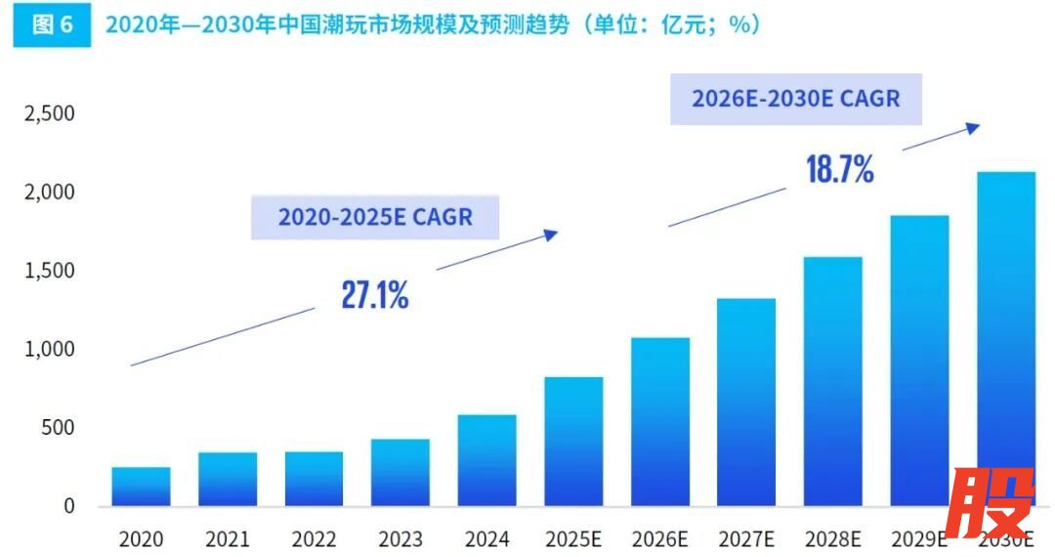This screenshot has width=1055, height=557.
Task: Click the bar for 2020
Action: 141,487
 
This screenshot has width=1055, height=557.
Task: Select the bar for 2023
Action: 401,473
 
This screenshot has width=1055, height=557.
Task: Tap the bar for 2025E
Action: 573,442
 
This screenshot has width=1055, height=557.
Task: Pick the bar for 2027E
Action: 746,403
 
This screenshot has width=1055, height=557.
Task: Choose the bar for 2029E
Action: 919,361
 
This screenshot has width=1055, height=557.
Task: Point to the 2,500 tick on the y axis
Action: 50,114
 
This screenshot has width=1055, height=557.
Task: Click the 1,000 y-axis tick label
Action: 50,350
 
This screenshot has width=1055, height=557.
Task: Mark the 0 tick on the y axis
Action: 68,506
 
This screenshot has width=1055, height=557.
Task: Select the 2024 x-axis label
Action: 486,539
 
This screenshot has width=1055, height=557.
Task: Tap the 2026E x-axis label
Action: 660,539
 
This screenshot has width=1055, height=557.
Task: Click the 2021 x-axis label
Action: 228,539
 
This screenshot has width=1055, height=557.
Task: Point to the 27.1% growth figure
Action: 375,295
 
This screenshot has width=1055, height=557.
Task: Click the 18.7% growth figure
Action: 840,170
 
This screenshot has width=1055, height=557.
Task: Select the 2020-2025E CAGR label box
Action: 375,217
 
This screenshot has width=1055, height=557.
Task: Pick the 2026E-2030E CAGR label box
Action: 795,99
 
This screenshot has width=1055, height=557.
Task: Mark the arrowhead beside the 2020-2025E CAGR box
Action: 552,234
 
